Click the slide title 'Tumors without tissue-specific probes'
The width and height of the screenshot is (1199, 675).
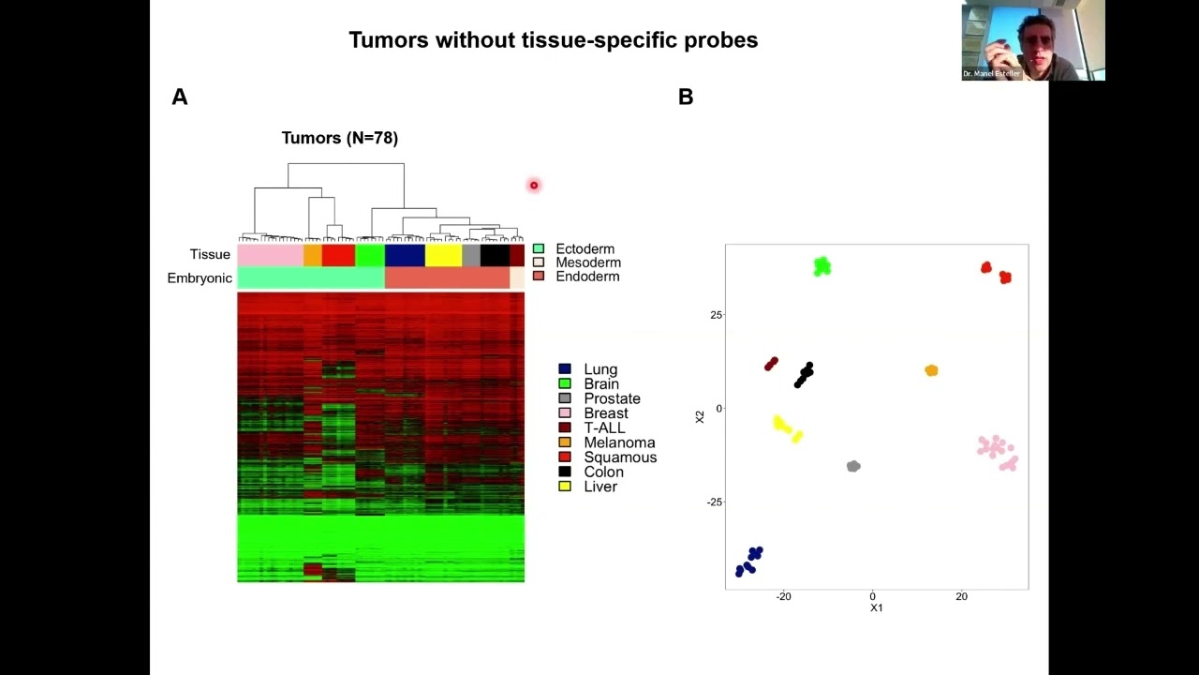click(553, 40)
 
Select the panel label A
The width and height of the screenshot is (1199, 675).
click(180, 97)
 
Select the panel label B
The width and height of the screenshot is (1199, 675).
click(686, 97)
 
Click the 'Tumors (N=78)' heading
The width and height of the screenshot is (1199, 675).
click(340, 138)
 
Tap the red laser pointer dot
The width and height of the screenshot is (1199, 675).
click(534, 186)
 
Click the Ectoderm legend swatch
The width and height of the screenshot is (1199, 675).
click(539, 249)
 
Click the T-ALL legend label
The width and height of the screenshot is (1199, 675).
click(604, 428)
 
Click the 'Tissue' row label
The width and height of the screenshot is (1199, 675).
click(210, 255)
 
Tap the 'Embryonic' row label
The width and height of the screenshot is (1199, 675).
click(200, 278)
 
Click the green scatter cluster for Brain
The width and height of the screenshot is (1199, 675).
click(822, 267)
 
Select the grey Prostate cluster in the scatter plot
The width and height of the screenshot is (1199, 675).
click(853, 466)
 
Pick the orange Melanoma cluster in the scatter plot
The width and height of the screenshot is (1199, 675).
click(931, 370)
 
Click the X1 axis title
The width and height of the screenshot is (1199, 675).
click(876, 608)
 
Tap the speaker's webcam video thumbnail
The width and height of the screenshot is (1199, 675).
click(1033, 40)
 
